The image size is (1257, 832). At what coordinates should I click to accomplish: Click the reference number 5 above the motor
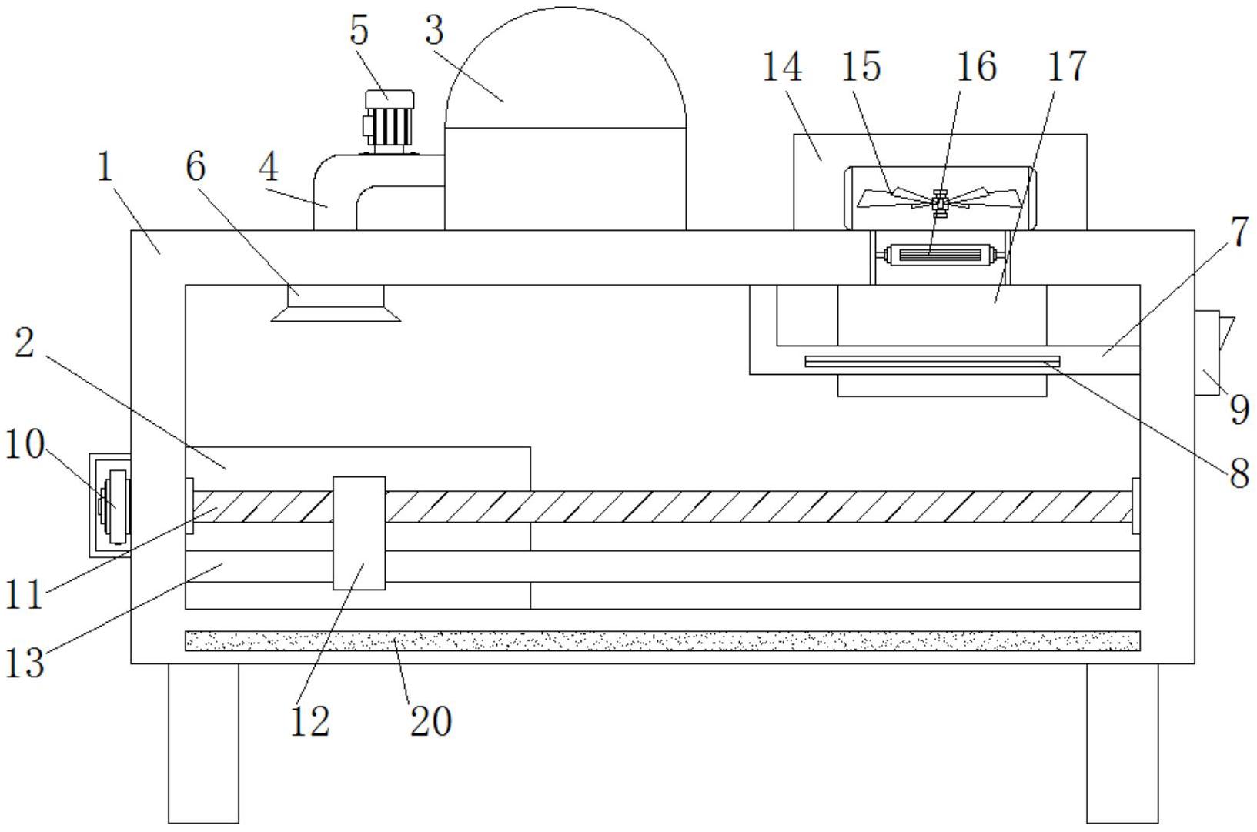coord(359,30)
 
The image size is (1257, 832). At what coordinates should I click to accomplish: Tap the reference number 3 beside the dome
coord(434,30)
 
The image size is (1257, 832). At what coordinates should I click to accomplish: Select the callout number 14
coord(782,66)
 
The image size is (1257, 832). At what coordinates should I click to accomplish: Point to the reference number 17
coord(1068,66)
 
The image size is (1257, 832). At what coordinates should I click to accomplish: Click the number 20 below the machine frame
coord(431,721)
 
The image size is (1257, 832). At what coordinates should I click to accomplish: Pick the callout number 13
coord(25,663)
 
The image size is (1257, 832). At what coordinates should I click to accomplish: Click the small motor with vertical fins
coord(389,121)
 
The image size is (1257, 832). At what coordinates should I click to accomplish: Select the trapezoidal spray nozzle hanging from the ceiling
coord(336,303)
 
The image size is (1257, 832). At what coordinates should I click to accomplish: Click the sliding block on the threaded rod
coord(359,533)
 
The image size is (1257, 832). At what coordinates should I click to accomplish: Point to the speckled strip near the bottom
coord(662,640)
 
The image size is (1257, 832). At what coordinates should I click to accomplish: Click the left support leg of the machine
coord(203,743)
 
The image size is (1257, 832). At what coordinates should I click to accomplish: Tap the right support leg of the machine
coord(1122,743)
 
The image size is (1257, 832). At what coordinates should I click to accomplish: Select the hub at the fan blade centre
coord(939,204)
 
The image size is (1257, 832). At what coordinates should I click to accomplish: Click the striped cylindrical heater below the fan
coord(940,256)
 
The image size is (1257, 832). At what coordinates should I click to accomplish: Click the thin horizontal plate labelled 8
coord(933,361)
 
